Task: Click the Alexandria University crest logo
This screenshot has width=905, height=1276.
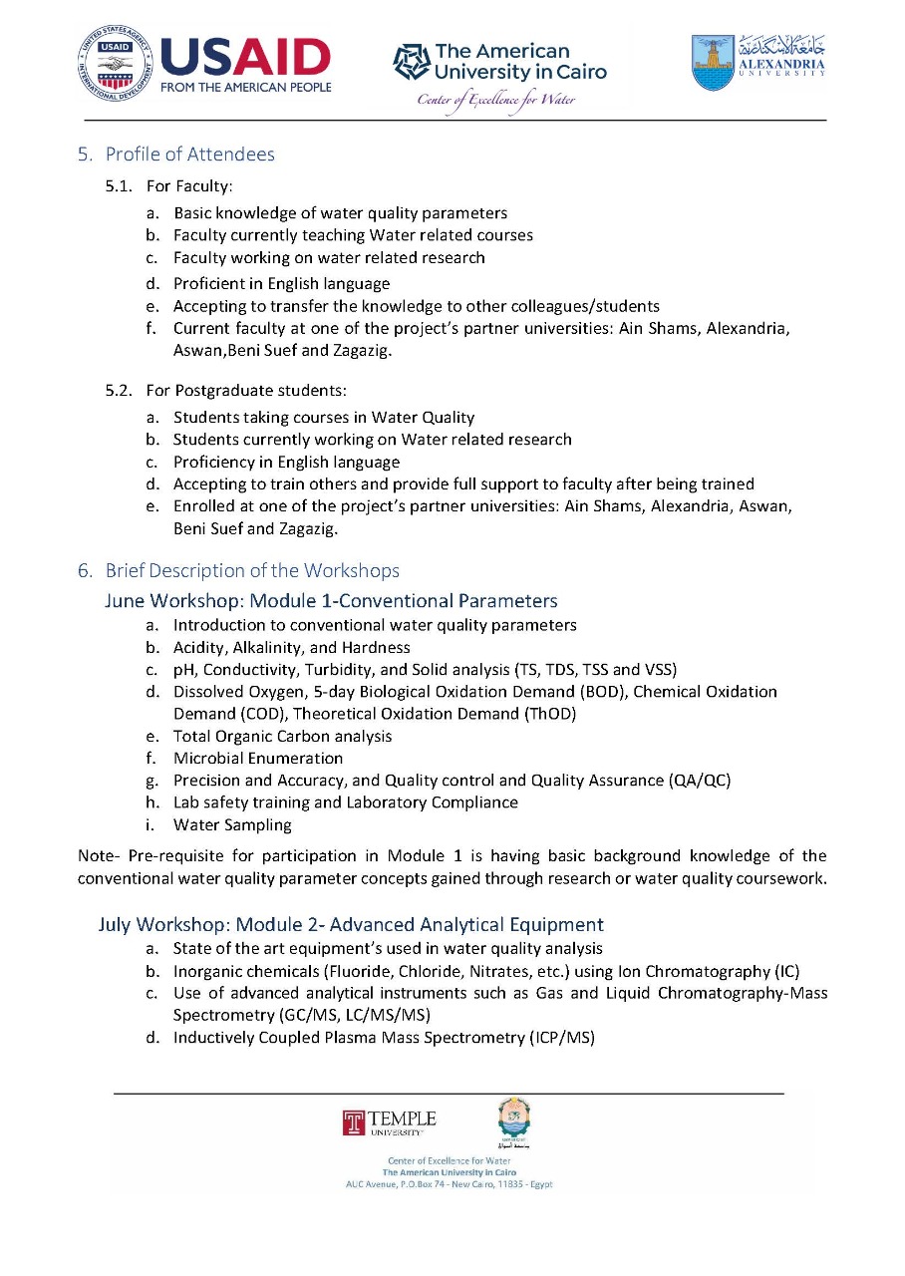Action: [x=713, y=63]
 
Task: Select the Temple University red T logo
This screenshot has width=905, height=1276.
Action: [x=354, y=1123]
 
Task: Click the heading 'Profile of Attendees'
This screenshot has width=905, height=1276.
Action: [x=189, y=154]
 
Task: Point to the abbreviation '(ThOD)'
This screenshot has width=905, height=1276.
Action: [x=543, y=714]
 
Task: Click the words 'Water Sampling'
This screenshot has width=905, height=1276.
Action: [x=232, y=824]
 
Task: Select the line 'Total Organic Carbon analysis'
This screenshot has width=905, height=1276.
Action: [x=282, y=736]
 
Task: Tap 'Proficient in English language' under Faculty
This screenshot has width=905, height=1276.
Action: [x=281, y=283]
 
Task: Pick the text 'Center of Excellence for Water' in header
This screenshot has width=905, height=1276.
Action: [x=496, y=100]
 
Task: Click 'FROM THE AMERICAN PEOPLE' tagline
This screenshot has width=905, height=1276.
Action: [x=246, y=86]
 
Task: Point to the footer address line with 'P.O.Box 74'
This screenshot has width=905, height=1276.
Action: [x=449, y=1184]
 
